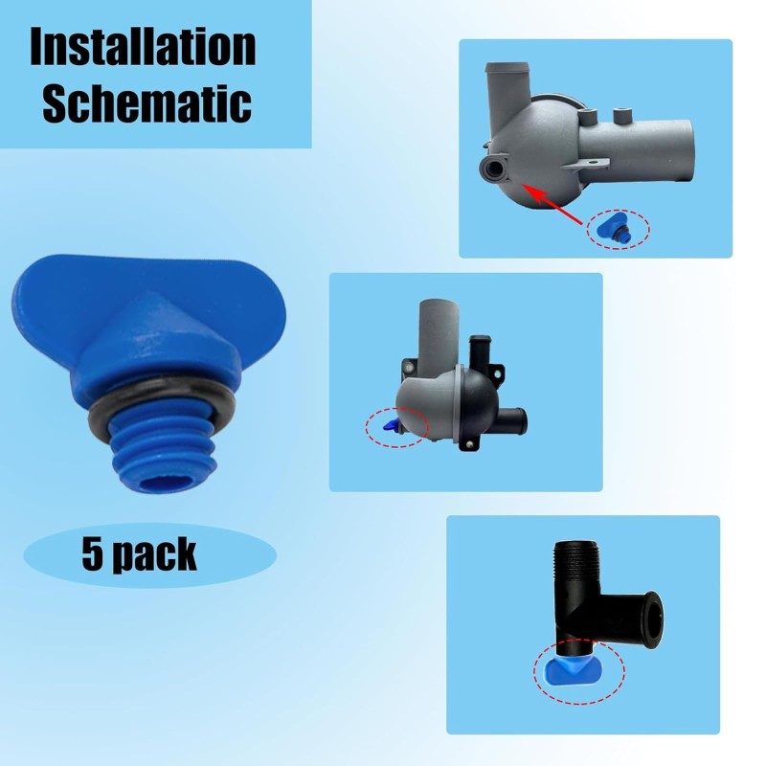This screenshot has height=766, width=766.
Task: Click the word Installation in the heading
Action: point(143,47)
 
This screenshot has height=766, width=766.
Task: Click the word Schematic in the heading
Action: point(147,103)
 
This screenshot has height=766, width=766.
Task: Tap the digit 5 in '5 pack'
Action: point(92,553)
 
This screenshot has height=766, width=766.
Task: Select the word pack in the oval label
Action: point(154,555)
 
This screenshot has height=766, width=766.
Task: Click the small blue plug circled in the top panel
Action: point(616,228)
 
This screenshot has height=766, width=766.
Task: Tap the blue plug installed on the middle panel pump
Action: point(390,425)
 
